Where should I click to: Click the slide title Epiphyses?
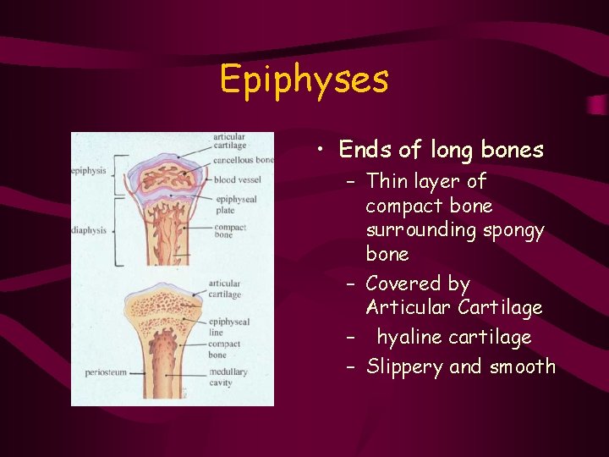click(304, 80)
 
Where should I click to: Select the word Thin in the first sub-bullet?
click(387, 181)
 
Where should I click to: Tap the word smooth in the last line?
click(522, 366)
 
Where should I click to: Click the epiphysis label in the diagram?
click(89, 170)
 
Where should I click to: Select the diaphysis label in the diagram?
click(89, 229)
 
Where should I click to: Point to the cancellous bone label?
click(244, 159)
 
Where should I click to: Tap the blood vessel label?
click(237, 179)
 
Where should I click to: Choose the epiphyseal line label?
click(229, 327)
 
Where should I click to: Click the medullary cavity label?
click(228, 377)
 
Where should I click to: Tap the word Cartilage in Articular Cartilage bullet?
click(504, 307)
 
